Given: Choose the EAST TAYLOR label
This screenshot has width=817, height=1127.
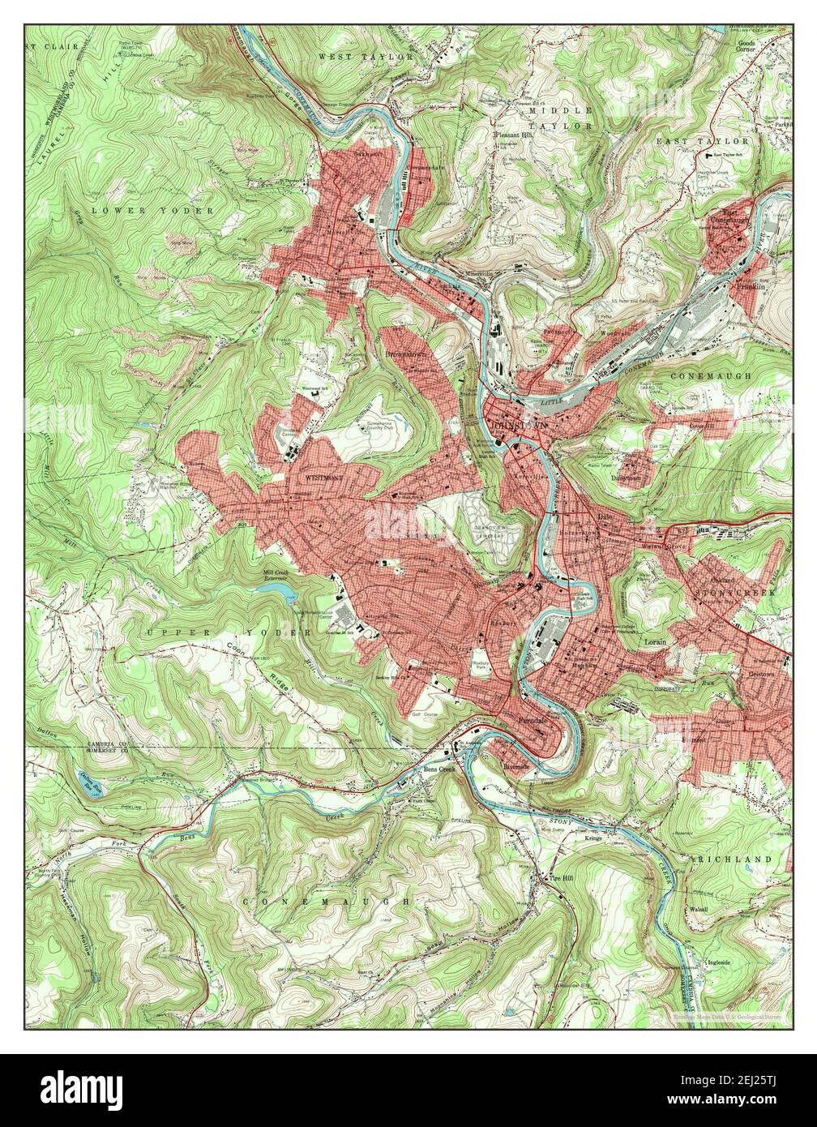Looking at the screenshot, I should tap(714, 141).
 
